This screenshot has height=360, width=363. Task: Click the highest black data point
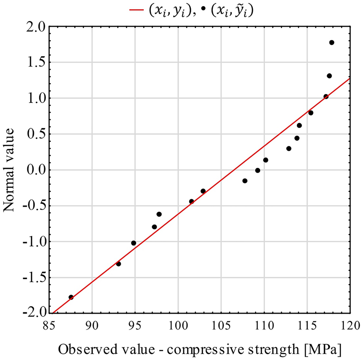(331, 43)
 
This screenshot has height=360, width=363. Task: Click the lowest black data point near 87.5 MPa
(71, 297)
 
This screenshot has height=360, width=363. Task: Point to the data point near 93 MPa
(118, 264)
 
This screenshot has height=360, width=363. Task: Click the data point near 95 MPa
(134, 243)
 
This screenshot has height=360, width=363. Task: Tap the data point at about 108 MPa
(245, 181)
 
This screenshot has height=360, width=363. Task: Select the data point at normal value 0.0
(258, 170)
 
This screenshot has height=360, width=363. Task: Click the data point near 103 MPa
(203, 191)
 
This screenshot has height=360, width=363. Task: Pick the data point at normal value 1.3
(329, 76)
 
